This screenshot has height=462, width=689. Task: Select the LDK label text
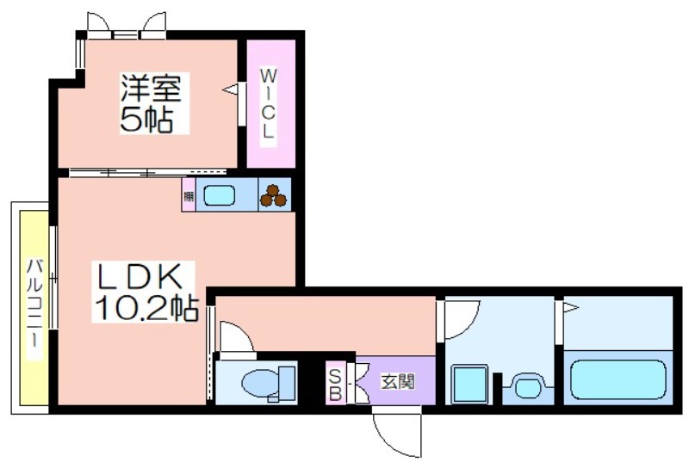click(138, 278)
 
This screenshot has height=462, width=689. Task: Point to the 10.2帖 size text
click(146, 308)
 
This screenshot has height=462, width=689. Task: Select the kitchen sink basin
click(219, 196)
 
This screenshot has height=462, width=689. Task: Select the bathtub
click(618, 379)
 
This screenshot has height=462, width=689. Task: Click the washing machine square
click(469, 383)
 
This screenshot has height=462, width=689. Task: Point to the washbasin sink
click(526, 385)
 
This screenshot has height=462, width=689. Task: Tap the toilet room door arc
click(235, 336)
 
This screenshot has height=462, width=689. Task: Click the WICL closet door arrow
click(230, 89)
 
